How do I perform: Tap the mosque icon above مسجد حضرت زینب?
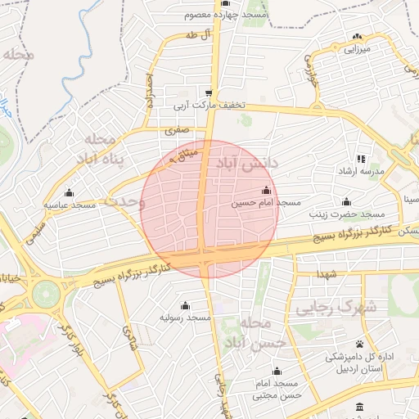pyautogui.click(x=346, y=201)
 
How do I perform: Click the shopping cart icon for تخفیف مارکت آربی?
pyautogui.click(x=209, y=92)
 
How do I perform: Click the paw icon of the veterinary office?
pyautogui.click(x=359, y=344)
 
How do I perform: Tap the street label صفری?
pyautogui.click(x=176, y=129)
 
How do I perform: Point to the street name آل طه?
pyautogui.click(x=194, y=34)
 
